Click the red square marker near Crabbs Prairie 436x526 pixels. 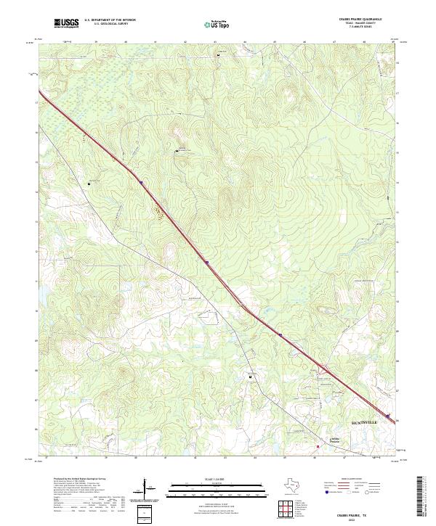[318, 447]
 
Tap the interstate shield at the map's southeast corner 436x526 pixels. [389, 417]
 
